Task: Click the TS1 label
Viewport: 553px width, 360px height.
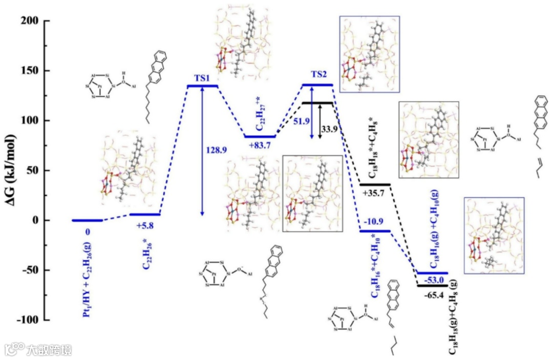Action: pos(202,78)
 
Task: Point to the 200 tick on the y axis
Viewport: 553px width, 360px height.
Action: pos(31,21)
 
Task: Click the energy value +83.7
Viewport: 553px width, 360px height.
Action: pos(260,146)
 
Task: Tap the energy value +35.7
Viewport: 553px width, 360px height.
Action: pos(375,195)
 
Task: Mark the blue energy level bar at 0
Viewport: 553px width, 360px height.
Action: pos(88,220)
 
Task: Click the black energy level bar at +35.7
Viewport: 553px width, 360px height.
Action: pos(375,184)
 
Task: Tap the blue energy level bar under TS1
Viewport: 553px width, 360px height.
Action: pos(202,86)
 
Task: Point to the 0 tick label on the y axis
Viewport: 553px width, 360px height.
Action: pos(37,220)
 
